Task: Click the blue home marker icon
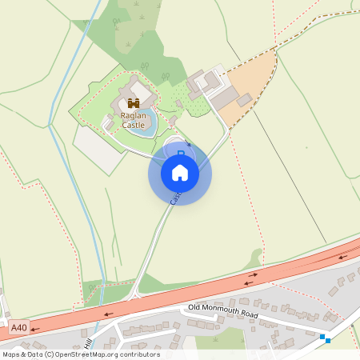180,172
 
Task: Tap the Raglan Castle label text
134,120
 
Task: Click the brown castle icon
134,103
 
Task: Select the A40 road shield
19,327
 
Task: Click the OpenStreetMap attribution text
80,354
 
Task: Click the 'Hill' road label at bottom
90,341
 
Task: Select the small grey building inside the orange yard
244,100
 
